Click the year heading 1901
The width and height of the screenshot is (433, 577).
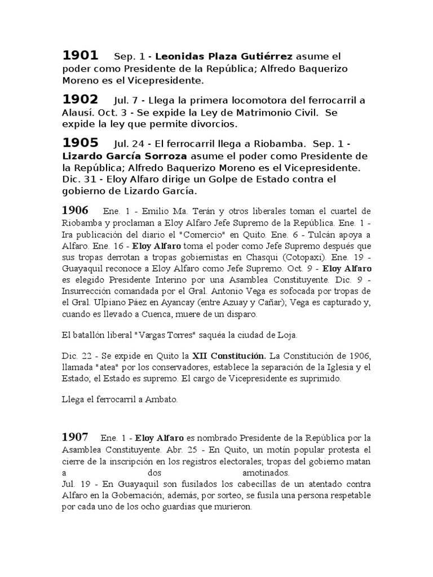coord(80,55)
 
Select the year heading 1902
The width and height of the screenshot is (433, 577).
coord(80,99)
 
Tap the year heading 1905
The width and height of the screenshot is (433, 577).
coord(80,143)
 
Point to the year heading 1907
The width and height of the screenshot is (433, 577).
coord(75,437)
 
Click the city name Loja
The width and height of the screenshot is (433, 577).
coord(286,335)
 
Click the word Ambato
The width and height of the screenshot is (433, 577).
coord(162,401)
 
